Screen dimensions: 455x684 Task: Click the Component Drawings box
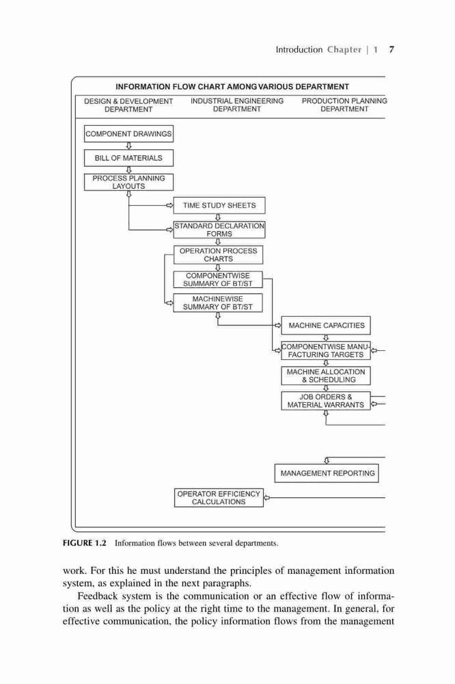(128, 134)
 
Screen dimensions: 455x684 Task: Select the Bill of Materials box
(128, 158)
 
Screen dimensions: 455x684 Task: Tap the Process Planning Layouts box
(128, 183)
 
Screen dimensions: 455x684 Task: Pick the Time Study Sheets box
(219, 205)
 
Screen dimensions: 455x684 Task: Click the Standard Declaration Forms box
(219, 230)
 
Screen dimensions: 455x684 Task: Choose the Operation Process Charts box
(219, 254)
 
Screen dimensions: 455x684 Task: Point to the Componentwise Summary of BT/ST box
(218, 280)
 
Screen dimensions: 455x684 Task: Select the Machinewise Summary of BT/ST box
(218, 303)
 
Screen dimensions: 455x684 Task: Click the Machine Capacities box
(326, 326)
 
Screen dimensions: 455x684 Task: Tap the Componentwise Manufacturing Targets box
(326, 351)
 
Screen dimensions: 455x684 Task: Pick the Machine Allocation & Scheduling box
(326, 376)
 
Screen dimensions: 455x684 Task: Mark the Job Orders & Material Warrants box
(326, 401)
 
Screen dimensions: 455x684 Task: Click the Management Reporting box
(327, 473)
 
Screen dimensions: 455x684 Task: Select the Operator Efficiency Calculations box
(219, 498)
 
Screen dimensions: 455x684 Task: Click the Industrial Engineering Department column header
(237, 105)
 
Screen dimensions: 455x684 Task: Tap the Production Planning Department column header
(344, 105)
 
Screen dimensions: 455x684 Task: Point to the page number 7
(391, 50)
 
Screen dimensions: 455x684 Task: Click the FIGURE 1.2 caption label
(85, 543)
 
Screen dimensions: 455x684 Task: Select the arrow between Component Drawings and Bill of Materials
(128, 146)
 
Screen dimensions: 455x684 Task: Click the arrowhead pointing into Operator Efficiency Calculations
(266, 497)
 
